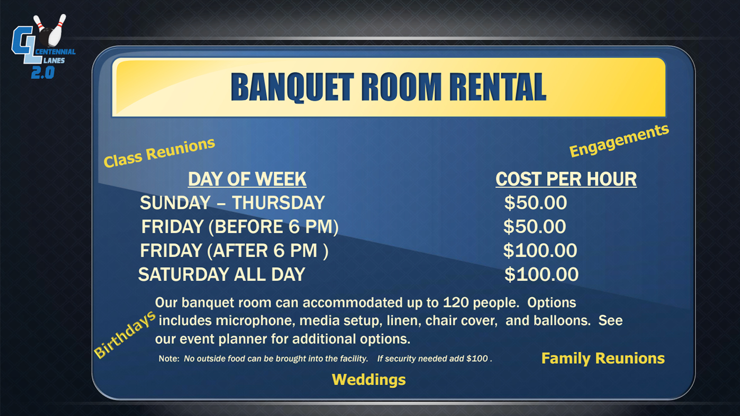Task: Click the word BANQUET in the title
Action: (x=292, y=87)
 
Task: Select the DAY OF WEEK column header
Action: (x=247, y=179)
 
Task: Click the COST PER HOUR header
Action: (x=566, y=179)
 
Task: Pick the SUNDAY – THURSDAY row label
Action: (x=232, y=203)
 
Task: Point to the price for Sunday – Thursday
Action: (x=535, y=203)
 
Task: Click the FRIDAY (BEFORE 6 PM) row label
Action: (x=240, y=227)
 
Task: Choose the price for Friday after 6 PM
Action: (x=540, y=251)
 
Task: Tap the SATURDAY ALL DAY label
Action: (x=222, y=275)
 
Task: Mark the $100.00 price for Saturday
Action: (x=542, y=275)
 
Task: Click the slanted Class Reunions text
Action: (x=159, y=153)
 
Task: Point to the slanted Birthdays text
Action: (x=125, y=334)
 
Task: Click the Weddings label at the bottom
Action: (x=369, y=380)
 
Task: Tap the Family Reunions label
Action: (x=603, y=359)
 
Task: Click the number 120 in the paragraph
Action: (x=456, y=303)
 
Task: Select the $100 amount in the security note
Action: (x=477, y=359)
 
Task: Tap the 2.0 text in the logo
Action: (x=43, y=72)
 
